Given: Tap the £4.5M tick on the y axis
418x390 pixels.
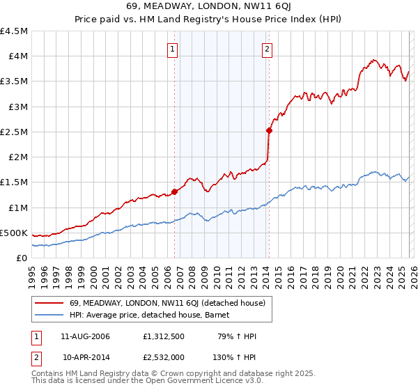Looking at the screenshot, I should [14, 31].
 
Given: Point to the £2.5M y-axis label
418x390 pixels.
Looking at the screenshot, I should [14, 132].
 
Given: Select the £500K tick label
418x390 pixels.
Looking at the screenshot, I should [14, 233].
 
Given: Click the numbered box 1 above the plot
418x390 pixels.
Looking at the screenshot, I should [172, 49].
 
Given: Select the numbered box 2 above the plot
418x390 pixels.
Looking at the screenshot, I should [267, 49].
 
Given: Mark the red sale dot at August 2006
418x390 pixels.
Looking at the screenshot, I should [174, 192].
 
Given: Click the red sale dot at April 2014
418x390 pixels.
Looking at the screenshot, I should [268, 130].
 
